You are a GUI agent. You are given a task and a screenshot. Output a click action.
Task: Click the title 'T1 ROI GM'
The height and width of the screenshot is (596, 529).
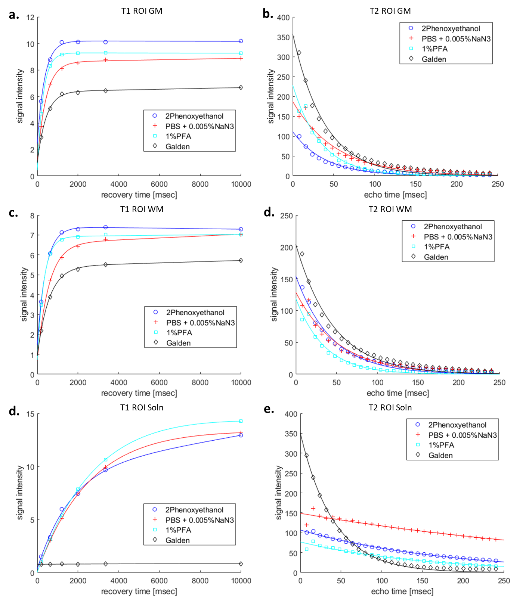coord(142,11)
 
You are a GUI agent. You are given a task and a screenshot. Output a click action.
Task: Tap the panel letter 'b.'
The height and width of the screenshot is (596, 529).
coord(268,14)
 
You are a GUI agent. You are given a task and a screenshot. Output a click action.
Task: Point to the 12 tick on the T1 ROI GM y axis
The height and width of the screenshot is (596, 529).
coord(30,18)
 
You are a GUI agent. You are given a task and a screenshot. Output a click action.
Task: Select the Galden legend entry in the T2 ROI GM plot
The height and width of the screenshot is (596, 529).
coord(434,59)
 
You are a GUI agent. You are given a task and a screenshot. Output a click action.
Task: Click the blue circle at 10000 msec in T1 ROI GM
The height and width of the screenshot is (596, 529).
coord(241,41)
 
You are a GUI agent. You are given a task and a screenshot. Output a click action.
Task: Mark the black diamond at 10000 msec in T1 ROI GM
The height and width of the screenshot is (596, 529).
coord(241,87)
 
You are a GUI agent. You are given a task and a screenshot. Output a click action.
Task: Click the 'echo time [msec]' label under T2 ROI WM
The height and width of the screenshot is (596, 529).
coord(397,393)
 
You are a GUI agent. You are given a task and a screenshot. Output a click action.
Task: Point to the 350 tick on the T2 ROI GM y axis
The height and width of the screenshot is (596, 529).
coord(283,37)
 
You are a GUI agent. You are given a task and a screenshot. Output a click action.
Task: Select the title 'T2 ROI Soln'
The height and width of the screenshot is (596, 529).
coord(390,407)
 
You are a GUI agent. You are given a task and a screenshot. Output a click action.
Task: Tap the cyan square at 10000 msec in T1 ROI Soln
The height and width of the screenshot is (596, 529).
coord(241,421)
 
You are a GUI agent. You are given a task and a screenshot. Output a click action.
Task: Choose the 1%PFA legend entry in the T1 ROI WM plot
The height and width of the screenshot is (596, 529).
coord(179,333)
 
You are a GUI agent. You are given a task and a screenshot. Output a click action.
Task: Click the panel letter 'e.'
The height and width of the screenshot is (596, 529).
coord(269,409)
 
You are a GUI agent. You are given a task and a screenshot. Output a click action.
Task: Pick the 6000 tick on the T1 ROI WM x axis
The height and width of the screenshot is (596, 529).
coord(159,382)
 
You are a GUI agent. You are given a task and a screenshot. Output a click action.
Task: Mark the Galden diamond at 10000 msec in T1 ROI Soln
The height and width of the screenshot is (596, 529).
coord(241,564)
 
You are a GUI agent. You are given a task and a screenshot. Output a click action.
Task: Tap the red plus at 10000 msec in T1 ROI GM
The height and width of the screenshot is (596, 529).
coord(241,58)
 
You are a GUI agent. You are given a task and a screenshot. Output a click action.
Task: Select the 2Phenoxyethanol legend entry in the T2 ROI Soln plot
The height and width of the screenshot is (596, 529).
coord(457,425)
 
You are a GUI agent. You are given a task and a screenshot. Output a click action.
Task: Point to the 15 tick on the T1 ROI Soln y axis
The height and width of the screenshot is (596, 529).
coord(30,414)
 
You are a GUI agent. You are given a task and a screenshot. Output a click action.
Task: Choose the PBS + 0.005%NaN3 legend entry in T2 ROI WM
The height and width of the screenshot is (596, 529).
coord(458,237)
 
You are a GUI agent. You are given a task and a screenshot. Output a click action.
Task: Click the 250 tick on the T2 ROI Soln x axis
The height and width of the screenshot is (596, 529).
coord(504,581)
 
